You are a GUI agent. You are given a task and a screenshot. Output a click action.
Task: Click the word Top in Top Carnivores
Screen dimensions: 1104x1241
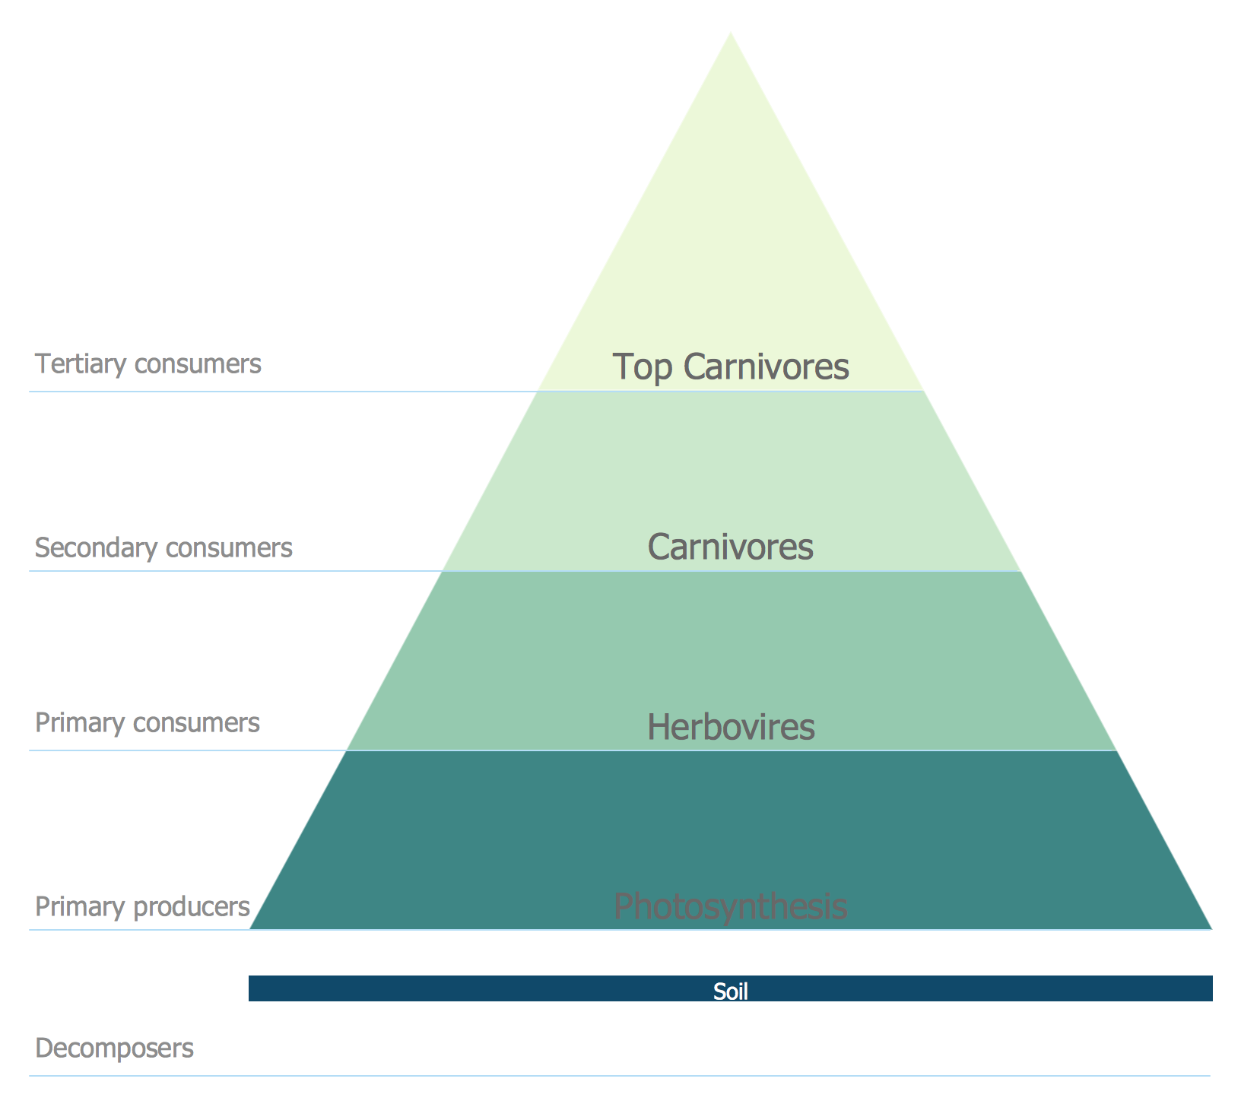pos(643,366)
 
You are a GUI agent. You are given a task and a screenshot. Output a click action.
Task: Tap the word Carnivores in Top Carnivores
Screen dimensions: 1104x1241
pos(766,366)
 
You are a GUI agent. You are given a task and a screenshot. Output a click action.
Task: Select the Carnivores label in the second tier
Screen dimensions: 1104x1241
pos(730,547)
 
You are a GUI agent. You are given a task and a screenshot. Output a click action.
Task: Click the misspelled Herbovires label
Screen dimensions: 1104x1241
pos(731,727)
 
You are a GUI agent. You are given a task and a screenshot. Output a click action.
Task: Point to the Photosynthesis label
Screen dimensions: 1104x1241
pos(730,906)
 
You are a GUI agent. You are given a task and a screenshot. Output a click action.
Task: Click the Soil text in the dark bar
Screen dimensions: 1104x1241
pos(730,991)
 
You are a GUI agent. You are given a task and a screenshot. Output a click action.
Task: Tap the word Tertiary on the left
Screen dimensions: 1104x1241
pos(81,363)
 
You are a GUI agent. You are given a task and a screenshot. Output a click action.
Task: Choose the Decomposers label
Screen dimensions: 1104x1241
pos(114,1048)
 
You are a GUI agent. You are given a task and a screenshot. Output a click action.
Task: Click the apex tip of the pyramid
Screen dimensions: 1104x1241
pos(731,35)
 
